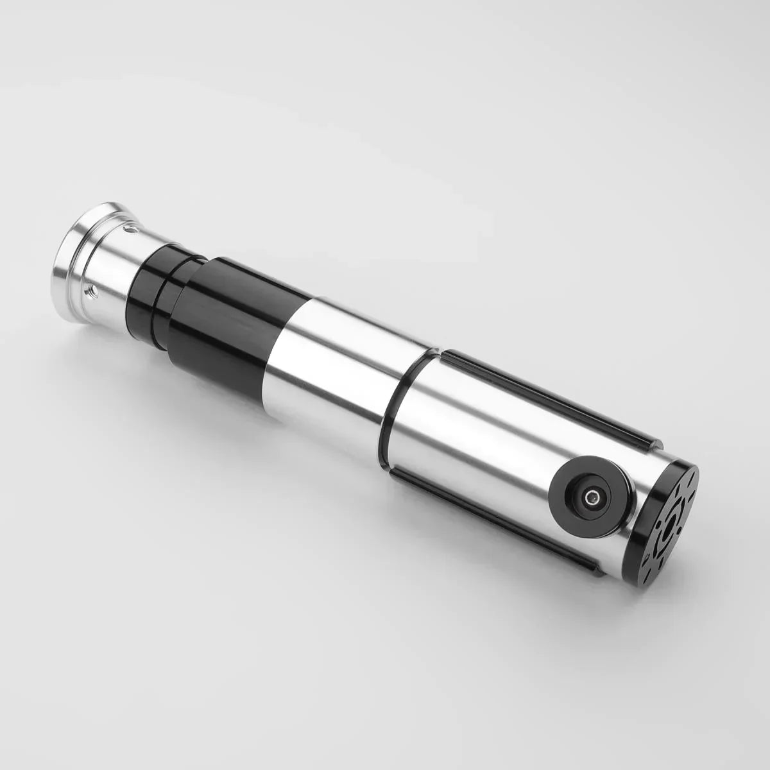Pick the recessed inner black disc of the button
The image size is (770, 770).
584,491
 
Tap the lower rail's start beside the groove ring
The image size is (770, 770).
395,471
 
